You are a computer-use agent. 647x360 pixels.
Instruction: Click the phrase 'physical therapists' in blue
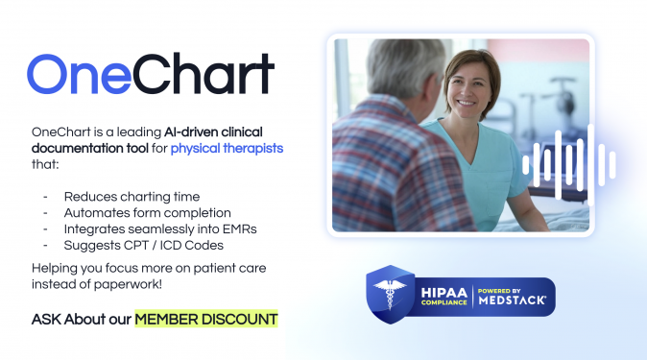227,149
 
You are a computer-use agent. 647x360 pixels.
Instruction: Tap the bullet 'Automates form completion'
147,211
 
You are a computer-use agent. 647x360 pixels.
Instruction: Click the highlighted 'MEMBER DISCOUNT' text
206,319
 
